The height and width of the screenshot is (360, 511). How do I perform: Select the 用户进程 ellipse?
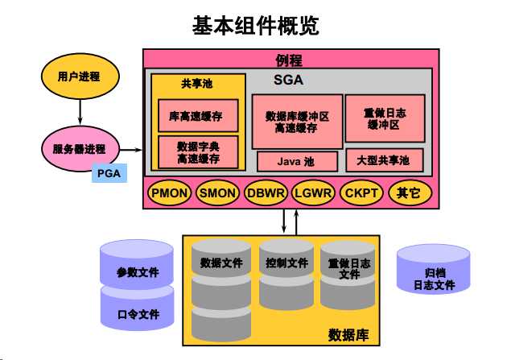click(80, 77)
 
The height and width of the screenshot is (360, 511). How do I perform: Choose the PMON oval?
click(169, 193)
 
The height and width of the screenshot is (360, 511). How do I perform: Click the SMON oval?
click(217, 193)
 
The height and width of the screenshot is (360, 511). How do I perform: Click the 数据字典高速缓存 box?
click(198, 152)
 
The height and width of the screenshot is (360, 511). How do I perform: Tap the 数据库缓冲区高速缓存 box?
click(296, 122)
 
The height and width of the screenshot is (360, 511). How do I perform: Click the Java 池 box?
click(296, 162)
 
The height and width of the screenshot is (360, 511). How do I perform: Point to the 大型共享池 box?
click(383, 160)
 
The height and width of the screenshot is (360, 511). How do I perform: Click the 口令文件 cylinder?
click(138, 311)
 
